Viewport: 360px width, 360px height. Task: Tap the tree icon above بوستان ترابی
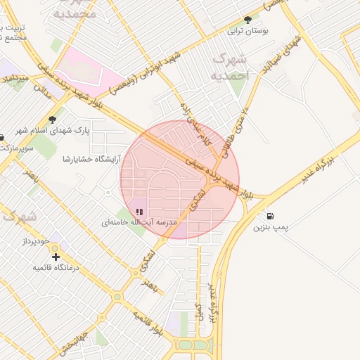tap(247, 20)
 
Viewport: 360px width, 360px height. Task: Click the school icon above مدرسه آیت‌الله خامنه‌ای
tap(139, 211)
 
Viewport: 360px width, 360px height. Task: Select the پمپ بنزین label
tap(271, 228)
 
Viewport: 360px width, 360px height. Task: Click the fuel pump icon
tap(271, 216)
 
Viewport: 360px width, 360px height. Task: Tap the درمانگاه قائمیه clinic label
tap(56, 268)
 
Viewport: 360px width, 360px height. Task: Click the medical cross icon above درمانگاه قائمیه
tap(56, 257)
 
